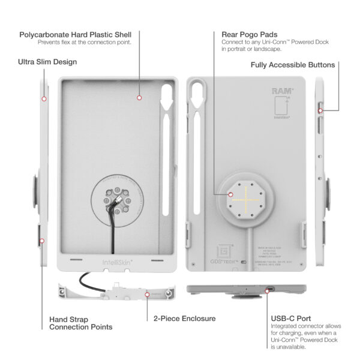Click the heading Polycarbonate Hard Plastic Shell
[75, 34]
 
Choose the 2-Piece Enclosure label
[184, 319]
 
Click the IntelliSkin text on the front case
[112, 262]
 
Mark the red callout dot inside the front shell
[139, 97]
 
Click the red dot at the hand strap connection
[43, 241]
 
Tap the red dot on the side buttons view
[319, 110]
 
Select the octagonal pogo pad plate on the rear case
[245, 197]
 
